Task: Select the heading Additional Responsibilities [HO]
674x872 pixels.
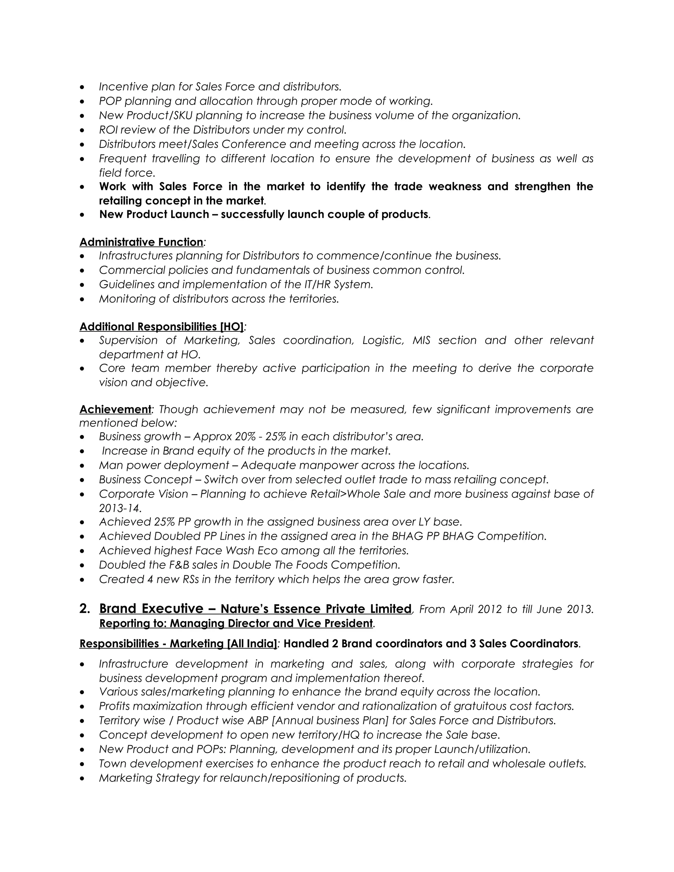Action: [161, 327]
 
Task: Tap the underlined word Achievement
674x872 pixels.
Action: [115, 409]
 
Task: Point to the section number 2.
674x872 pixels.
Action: [84, 608]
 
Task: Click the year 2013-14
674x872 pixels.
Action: [120, 508]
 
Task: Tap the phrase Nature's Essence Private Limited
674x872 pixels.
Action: [315, 609]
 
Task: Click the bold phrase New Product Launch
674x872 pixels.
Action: [154, 215]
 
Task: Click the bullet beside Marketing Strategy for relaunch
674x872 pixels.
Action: [82, 778]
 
